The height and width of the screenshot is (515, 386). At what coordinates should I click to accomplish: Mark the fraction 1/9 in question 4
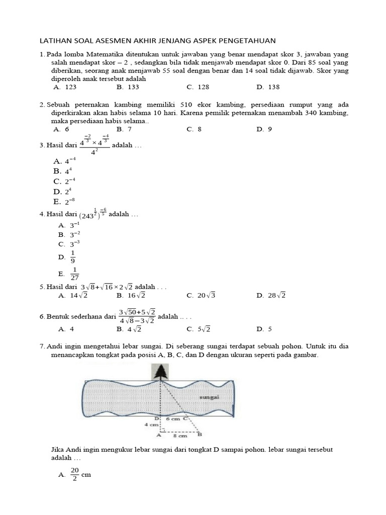pyautogui.click(x=73, y=256)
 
